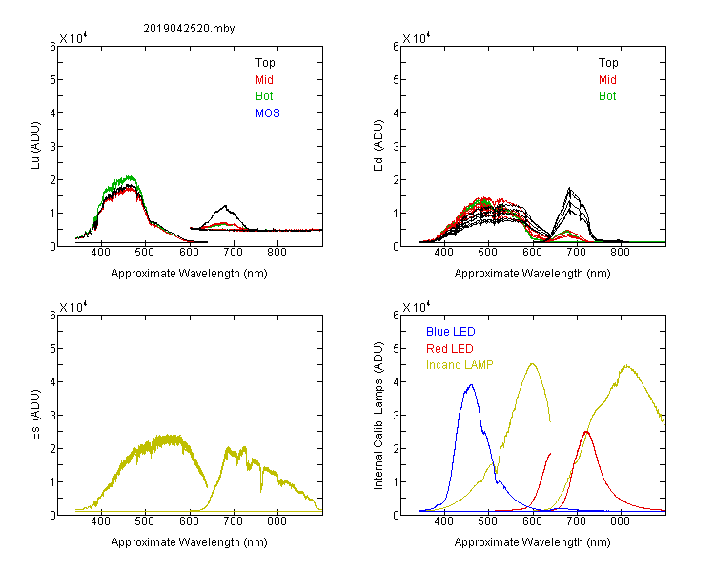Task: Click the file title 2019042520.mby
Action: pos(189,29)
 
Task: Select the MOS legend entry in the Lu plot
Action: pos(268,113)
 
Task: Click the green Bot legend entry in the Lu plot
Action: pos(264,96)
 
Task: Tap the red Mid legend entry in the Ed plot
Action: pos(607,80)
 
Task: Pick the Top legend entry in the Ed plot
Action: pos(608,63)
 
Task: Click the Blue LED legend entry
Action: pos(451,332)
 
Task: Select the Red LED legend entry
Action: pos(450,349)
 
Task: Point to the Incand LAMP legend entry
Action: pos(460,365)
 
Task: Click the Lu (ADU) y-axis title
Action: pos(35,146)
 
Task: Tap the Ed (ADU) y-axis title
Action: pos(378,146)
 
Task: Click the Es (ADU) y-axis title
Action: pos(35,415)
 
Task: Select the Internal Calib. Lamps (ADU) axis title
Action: pos(378,416)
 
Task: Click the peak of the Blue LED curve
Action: pos(471,384)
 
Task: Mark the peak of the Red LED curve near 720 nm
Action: pos(586,432)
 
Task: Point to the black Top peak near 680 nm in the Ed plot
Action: pos(569,188)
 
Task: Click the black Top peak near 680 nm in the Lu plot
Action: pos(225,206)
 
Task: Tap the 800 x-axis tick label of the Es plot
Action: pos(276,521)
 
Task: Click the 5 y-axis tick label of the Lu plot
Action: pos(52,80)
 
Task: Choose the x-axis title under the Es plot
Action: pos(190,542)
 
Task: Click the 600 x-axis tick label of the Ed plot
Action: pos(532,253)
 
